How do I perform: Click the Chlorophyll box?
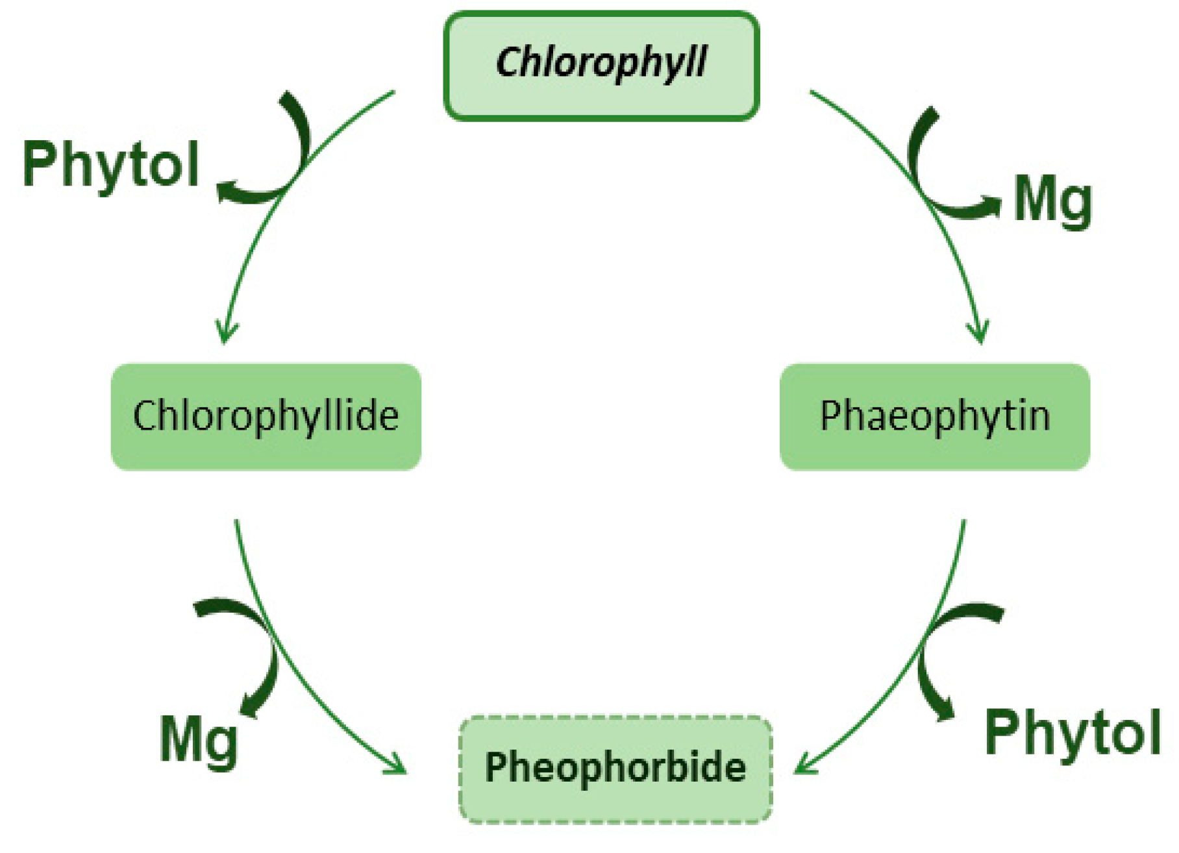[x=601, y=66]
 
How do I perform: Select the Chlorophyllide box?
[x=266, y=416]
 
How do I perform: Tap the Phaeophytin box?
[x=934, y=416]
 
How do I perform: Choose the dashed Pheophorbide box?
[x=615, y=769]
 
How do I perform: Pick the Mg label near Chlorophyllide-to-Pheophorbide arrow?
[x=199, y=740]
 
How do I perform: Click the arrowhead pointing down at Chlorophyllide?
[x=225, y=332]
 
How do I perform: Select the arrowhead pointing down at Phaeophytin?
[x=979, y=332]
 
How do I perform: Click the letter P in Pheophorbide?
[x=496, y=767]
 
